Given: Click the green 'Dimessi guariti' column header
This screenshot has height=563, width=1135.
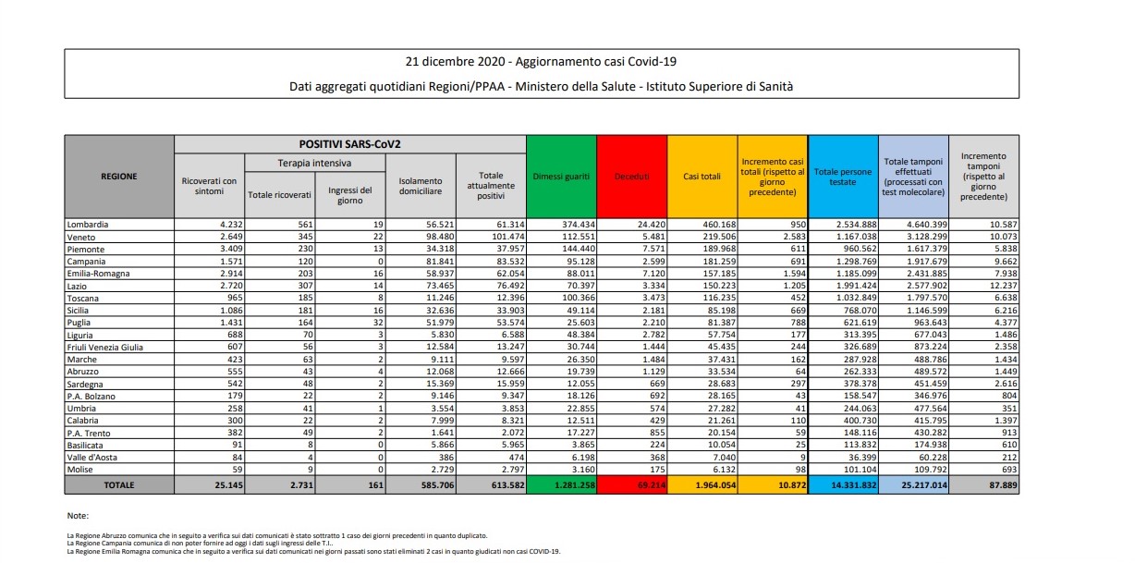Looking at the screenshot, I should click(x=561, y=176).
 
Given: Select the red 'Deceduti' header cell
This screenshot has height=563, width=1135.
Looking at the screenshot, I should click(x=632, y=176).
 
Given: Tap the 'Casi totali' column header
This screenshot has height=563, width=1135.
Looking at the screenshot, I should click(x=702, y=176).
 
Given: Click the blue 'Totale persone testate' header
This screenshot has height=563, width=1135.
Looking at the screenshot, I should click(x=843, y=176).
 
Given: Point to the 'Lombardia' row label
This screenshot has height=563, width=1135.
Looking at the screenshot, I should click(x=88, y=225).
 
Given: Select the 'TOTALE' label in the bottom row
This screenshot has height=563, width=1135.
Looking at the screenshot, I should click(x=119, y=483).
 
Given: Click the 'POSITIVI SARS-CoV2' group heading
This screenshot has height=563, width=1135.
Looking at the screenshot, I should click(x=349, y=144).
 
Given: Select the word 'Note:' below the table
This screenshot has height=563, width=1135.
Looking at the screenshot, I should click(x=78, y=515).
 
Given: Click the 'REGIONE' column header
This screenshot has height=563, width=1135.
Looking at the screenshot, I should click(x=119, y=176).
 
